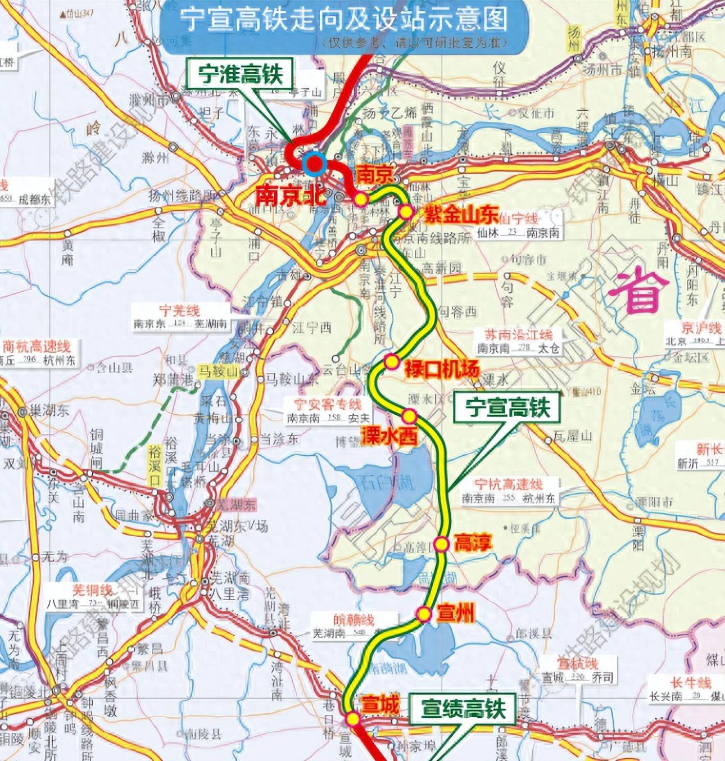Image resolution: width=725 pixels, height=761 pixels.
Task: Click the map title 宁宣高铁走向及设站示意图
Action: pos(343,21)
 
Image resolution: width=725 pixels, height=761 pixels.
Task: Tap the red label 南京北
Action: pos(284,194)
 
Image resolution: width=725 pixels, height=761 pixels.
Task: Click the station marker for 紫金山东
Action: pos(405,211)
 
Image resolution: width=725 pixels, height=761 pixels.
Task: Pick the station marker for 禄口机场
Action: pos(391,361)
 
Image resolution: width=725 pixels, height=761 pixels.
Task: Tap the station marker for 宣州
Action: pos(424,613)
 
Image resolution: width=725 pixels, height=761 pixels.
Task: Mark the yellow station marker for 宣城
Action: pos(352,718)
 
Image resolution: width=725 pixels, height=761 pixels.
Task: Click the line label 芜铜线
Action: pos(92,590)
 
